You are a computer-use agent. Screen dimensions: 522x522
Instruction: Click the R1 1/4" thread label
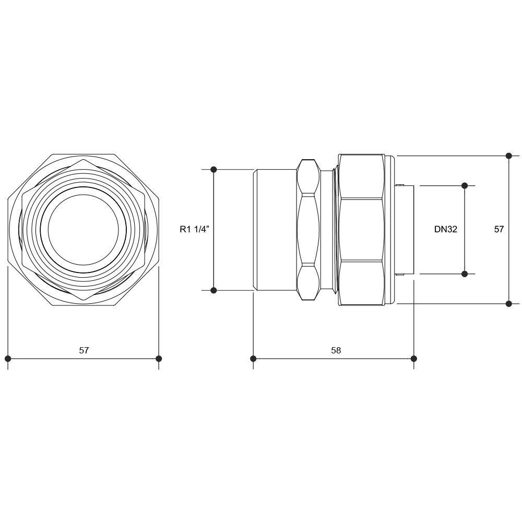pos(194,229)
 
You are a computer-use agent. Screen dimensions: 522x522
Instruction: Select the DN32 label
pos(445,229)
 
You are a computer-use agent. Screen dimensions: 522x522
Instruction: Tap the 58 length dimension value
pos(336,350)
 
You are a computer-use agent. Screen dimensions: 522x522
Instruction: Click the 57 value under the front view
pos(84,350)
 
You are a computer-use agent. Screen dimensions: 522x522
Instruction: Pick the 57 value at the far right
pos(499,229)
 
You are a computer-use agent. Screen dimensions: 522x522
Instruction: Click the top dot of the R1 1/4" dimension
pos(213,170)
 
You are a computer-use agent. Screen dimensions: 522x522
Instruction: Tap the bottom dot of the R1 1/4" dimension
pos(213,290)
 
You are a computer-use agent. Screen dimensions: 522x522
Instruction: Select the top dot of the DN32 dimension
pos(465,185)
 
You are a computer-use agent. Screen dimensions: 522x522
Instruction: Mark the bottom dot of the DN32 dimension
pos(465,274)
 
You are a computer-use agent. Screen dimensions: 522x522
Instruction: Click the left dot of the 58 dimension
pos(253,359)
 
